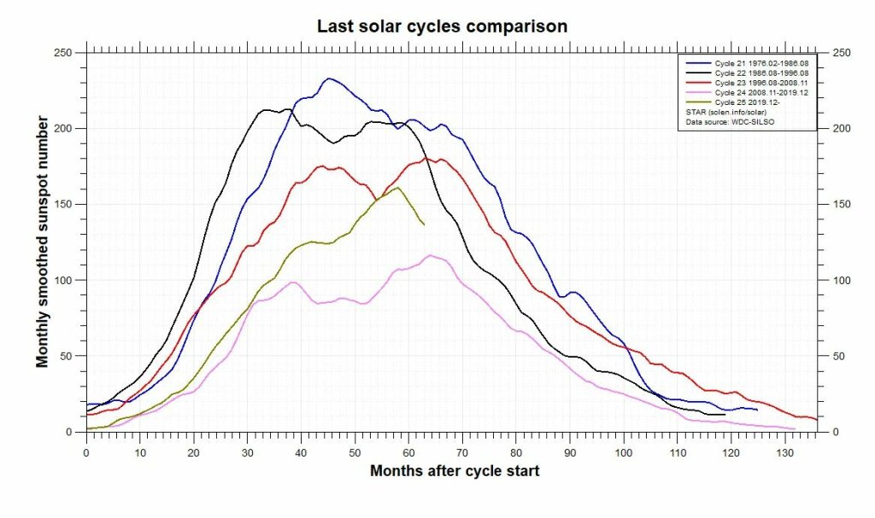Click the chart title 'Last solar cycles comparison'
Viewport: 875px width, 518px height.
442,26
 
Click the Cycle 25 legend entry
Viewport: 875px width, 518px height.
743,102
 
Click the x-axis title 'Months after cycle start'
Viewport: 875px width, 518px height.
454,471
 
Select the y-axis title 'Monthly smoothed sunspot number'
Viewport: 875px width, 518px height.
42,242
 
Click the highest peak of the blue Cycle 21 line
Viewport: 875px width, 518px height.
329,79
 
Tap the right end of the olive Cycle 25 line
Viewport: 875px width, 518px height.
424,224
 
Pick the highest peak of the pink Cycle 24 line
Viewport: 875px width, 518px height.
431,255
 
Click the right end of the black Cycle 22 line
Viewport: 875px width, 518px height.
725,415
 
